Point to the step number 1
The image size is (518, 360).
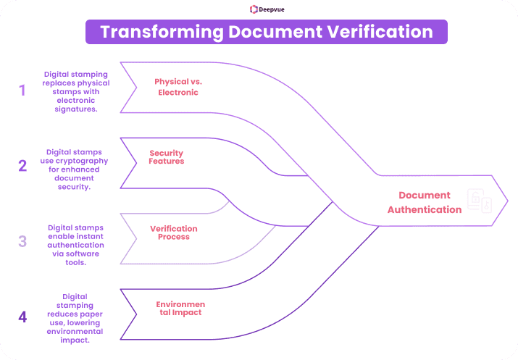point(22,91)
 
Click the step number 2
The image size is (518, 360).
point(22,165)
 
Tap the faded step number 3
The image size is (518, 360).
point(22,241)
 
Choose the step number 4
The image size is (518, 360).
point(22,317)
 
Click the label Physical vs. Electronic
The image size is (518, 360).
point(176,87)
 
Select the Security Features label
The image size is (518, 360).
point(167,156)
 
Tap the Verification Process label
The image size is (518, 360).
point(174,233)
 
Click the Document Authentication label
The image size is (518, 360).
point(424,202)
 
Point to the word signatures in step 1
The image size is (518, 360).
point(78,109)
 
